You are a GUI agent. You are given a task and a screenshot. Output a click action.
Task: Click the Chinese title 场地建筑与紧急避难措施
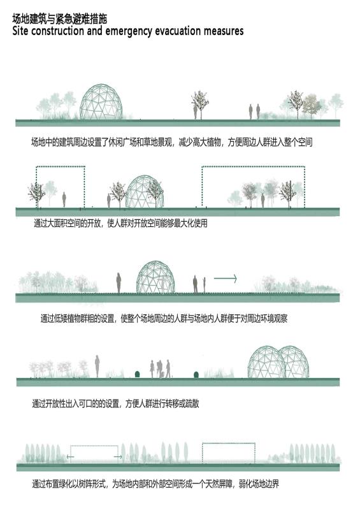click(59, 19)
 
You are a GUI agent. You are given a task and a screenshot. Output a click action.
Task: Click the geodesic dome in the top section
click(101, 102)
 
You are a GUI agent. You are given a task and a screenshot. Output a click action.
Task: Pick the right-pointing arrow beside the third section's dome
click(225, 279)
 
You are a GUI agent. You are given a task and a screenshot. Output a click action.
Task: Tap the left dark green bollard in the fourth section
click(137, 375)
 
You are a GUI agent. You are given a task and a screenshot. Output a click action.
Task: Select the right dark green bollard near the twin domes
click(196, 375)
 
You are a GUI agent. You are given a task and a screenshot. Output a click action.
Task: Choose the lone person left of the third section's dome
click(119, 282)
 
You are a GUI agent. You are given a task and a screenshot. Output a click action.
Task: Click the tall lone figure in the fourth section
click(97, 366)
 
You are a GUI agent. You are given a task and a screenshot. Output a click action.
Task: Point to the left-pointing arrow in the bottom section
click(70, 457)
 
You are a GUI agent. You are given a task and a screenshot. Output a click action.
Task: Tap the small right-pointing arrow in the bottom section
click(118, 457)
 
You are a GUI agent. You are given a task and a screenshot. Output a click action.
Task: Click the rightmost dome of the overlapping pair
click(294, 361)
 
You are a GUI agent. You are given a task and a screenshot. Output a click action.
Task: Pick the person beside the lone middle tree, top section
click(196, 111)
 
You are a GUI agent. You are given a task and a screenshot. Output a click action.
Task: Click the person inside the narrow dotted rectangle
click(64, 200)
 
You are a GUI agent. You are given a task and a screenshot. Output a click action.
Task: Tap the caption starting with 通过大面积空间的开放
click(120, 224)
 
